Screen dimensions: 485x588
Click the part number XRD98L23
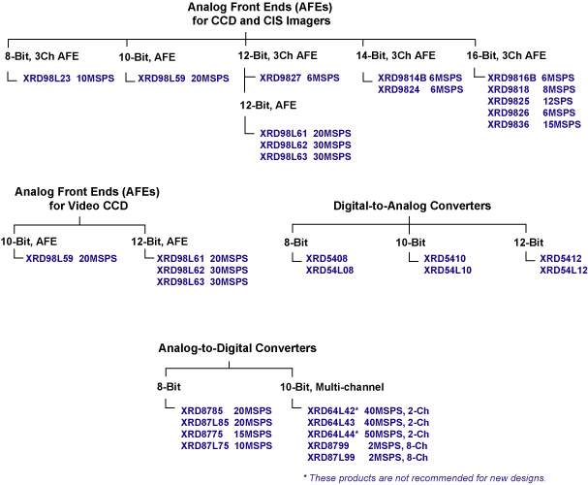tap(46, 77)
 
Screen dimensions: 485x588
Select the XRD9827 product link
tap(280, 77)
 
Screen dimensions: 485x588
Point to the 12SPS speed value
tap(559, 100)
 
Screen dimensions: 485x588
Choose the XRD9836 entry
tap(509, 123)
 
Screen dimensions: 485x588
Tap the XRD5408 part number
tap(326, 259)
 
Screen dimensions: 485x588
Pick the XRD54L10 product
tap(447, 271)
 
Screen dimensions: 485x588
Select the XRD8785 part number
tap(201, 411)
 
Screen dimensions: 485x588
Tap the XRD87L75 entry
tap(204, 446)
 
